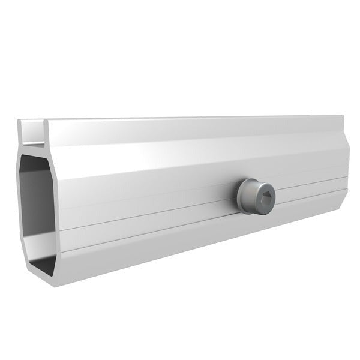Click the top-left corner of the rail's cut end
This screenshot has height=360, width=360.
(x=19, y=122)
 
